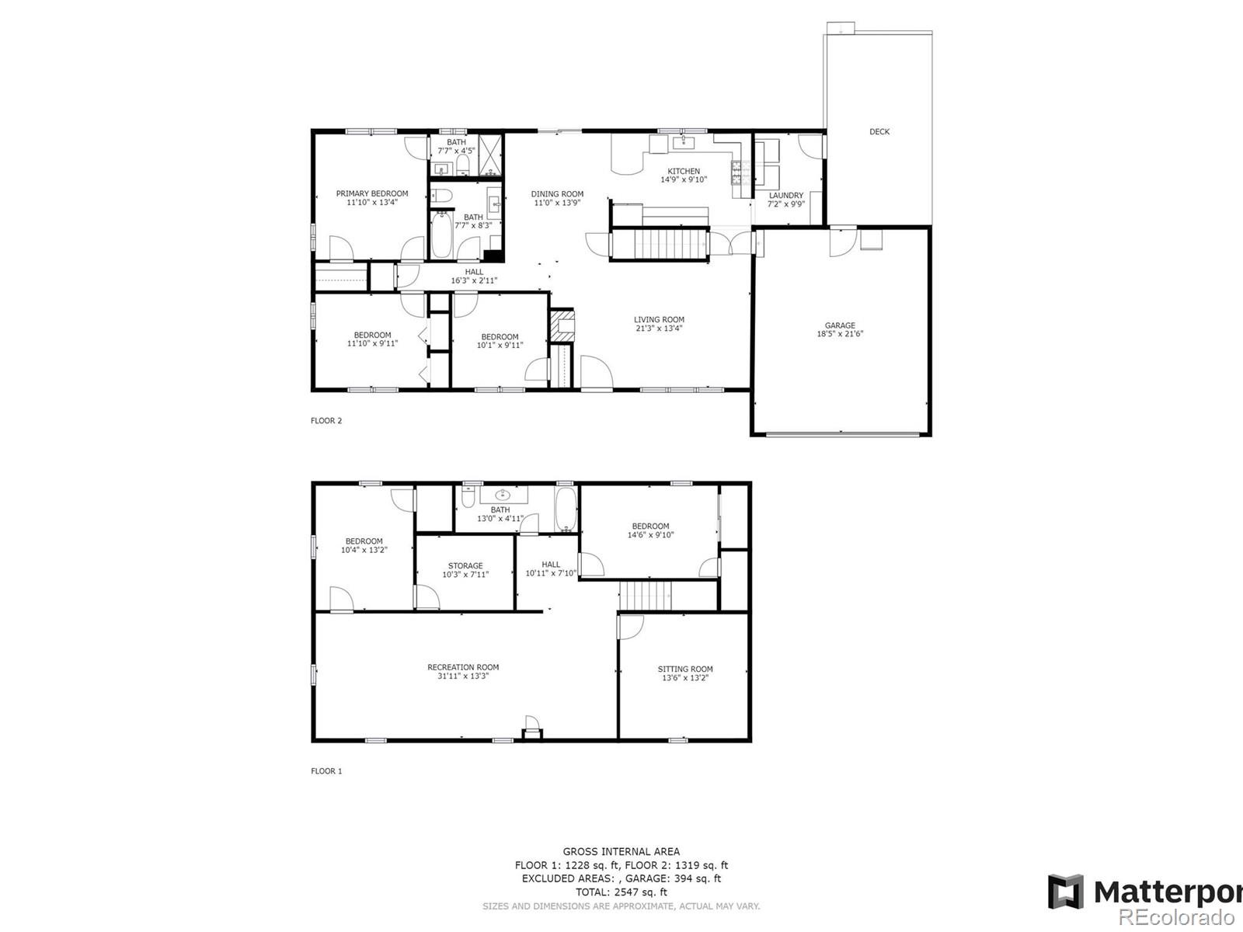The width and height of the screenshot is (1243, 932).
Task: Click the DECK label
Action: coord(879,132)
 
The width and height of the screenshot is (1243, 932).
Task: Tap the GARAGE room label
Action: coord(839,325)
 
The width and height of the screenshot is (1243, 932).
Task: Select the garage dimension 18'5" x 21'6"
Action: coord(839,334)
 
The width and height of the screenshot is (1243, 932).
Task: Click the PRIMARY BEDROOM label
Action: coord(372,193)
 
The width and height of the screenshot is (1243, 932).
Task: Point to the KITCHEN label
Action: coord(684,171)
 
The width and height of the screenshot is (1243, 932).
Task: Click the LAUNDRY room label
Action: coord(786,195)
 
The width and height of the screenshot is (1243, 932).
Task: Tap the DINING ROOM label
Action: coord(557,194)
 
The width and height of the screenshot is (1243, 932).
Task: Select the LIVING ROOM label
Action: coord(659,320)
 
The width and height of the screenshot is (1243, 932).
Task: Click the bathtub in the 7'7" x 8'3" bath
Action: coord(442,234)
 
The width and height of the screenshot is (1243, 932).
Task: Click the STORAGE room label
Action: coord(465,566)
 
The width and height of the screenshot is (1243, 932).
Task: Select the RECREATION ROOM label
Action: coord(463,667)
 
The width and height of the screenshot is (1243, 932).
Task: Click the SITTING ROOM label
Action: coord(685,669)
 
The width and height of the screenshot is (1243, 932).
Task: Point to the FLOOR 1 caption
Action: coord(327,770)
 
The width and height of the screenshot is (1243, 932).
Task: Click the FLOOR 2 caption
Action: coord(327,420)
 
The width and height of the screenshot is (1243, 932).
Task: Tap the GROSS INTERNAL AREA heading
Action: coord(621,852)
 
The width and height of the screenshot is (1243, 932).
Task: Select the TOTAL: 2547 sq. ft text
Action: coord(621,892)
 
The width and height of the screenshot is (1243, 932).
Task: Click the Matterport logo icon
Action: coord(1066,892)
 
